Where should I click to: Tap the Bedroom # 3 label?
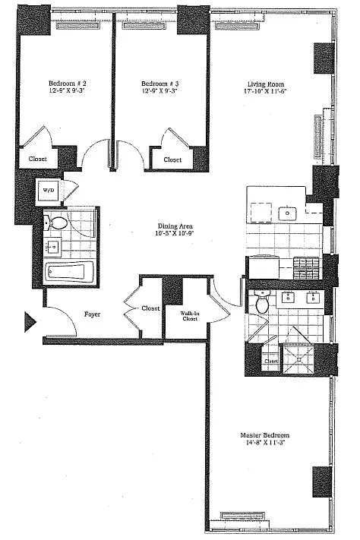coord(160,84)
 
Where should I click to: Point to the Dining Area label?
coord(174,226)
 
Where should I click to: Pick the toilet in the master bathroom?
coord(262,303)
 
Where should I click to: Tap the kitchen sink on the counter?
coord(289,213)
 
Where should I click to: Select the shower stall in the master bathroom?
coord(298,356)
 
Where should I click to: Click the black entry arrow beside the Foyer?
coord(30,322)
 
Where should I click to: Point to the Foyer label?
coord(92,314)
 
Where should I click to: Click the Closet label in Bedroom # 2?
coord(37,159)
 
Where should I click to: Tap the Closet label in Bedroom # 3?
coord(172,159)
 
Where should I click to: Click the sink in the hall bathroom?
coord(53,248)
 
